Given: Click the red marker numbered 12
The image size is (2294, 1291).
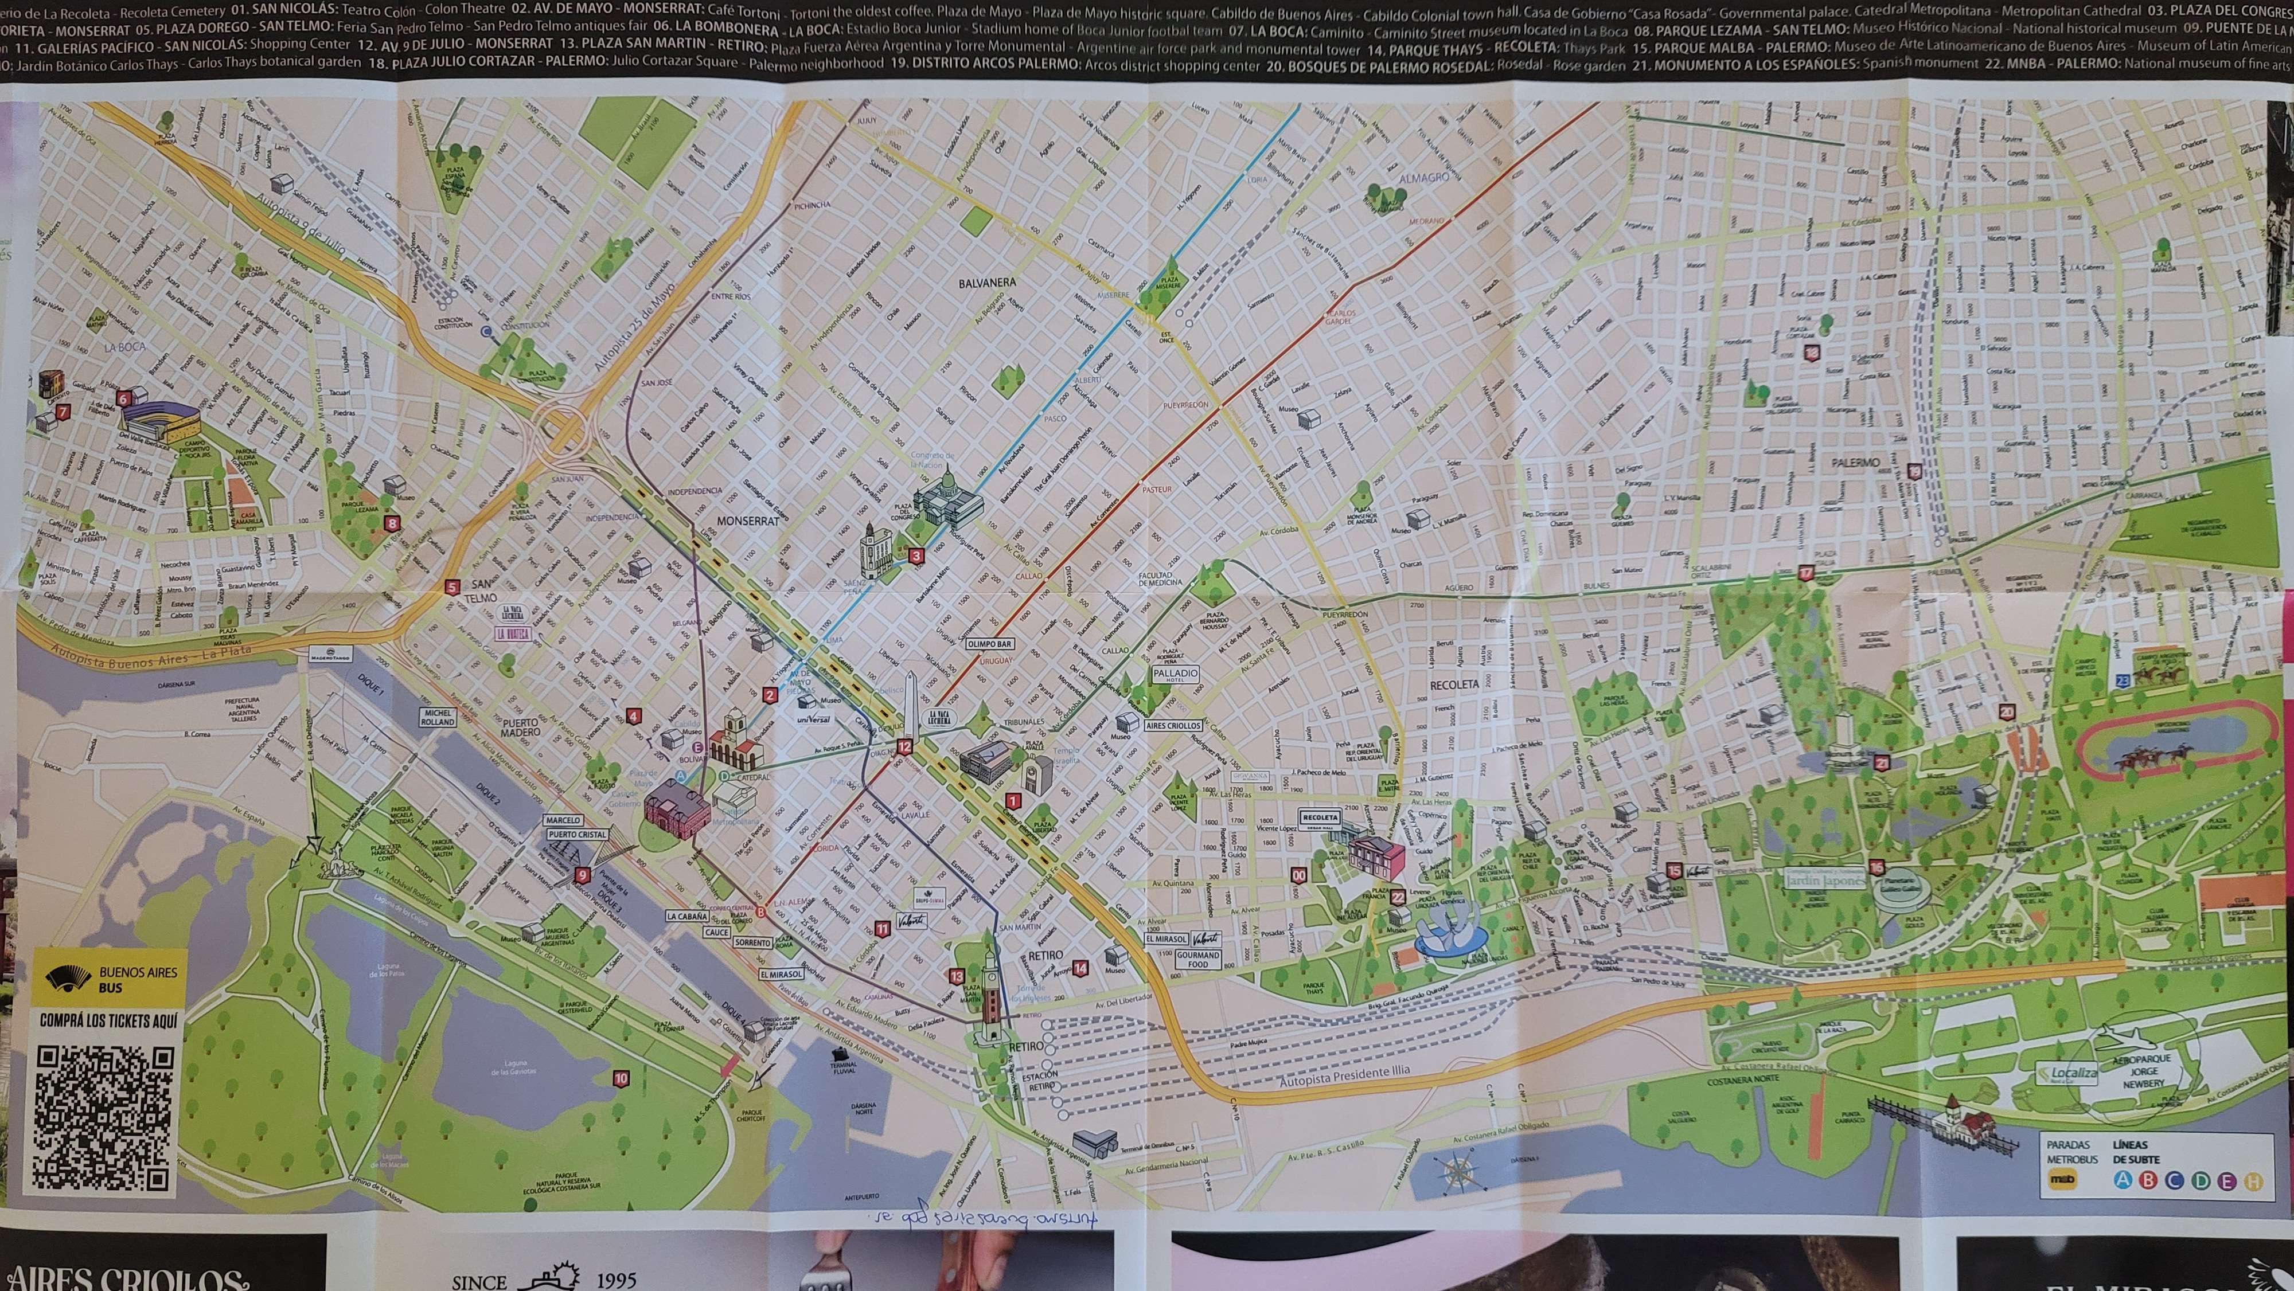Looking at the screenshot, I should [x=905, y=747].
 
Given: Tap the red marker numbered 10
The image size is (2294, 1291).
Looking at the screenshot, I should [x=621, y=1079].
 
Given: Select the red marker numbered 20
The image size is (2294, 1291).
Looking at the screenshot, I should [x=2006, y=712].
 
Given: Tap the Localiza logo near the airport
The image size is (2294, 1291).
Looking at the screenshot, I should [x=2067, y=1074].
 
